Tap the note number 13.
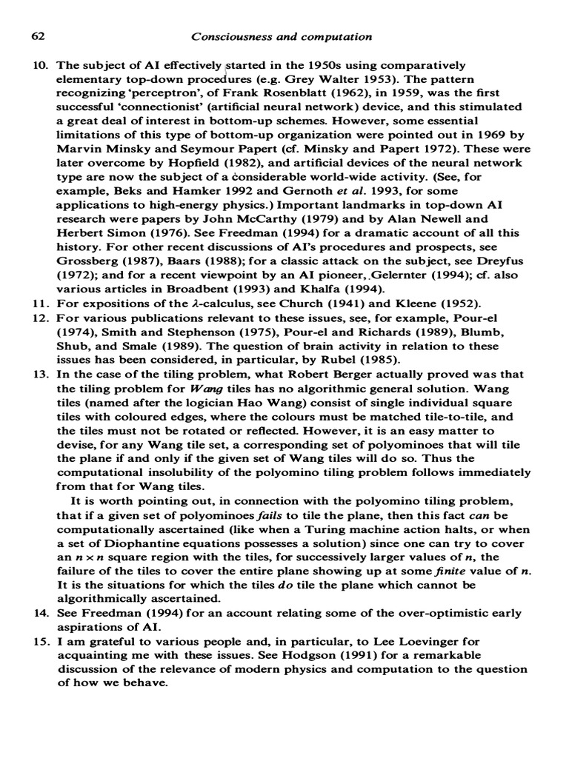(x=37, y=375)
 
